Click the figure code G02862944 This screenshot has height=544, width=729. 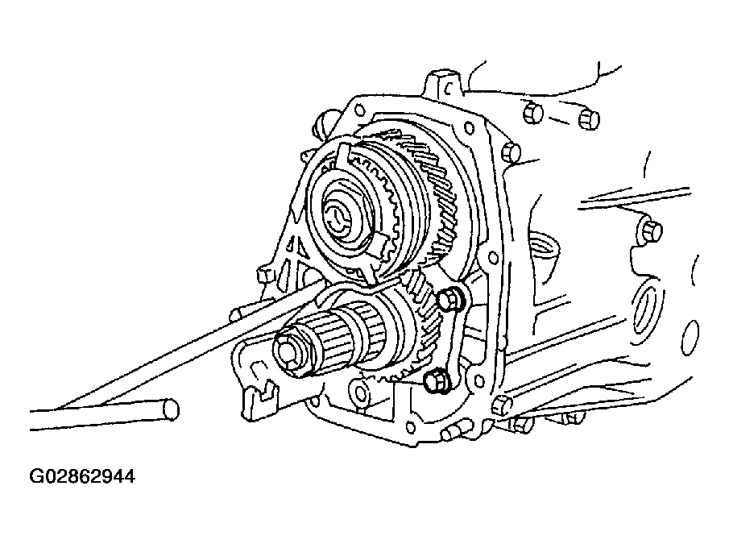pyautogui.click(x=82, y=476)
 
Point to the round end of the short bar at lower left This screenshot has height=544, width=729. pyautogui.click(x=171, y=409)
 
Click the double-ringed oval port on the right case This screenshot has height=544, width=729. pyautogui.click(x=647, y=309)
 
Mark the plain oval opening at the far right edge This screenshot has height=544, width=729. pyautogui.click(x=690, y=337)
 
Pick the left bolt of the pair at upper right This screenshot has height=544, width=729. pyautogui.click(x=532, y=114)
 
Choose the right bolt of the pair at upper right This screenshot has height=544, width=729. pyautogui.click(x=589, y=119)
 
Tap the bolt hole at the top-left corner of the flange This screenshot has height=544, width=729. pyautogui.click(x=359, y=110)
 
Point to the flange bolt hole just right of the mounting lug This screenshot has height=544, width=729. pyautogui.click(x=470, y=127)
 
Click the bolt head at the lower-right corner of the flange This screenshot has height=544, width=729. pyautogui.click(x=501, y=405)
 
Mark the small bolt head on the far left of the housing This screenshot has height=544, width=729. pyautogui.click(x=266, y=274)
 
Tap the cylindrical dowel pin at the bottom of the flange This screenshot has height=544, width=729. pyautogui.click(x=453, y=433)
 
